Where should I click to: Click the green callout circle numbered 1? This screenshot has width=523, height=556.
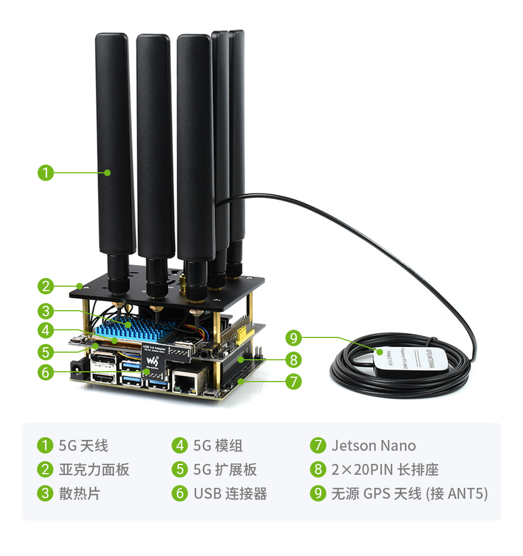(46, 173)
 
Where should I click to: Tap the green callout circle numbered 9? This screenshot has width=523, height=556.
(294, 338)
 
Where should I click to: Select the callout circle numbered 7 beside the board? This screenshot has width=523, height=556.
(294, 382)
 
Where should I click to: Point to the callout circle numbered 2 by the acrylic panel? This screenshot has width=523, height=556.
(46, 286)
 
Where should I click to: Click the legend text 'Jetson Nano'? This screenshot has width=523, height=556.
(373, 446)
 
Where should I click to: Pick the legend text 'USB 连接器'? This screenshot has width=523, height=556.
(230, 494)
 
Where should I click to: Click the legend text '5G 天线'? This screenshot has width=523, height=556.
(83, 446)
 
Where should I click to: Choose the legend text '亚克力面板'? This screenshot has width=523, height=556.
(94, 470)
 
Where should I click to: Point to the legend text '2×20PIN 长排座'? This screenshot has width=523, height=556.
(385, 470)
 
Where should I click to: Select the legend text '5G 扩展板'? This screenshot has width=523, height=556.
(224, 470)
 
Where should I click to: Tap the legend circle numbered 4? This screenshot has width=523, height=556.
(180, 446)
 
